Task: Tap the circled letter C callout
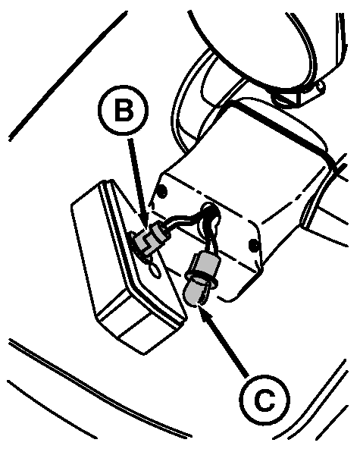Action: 265,400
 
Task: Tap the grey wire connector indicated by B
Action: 150,239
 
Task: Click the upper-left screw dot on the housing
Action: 162,190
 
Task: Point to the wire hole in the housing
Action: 211,214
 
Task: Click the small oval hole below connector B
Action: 155,271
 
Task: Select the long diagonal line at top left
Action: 68,76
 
